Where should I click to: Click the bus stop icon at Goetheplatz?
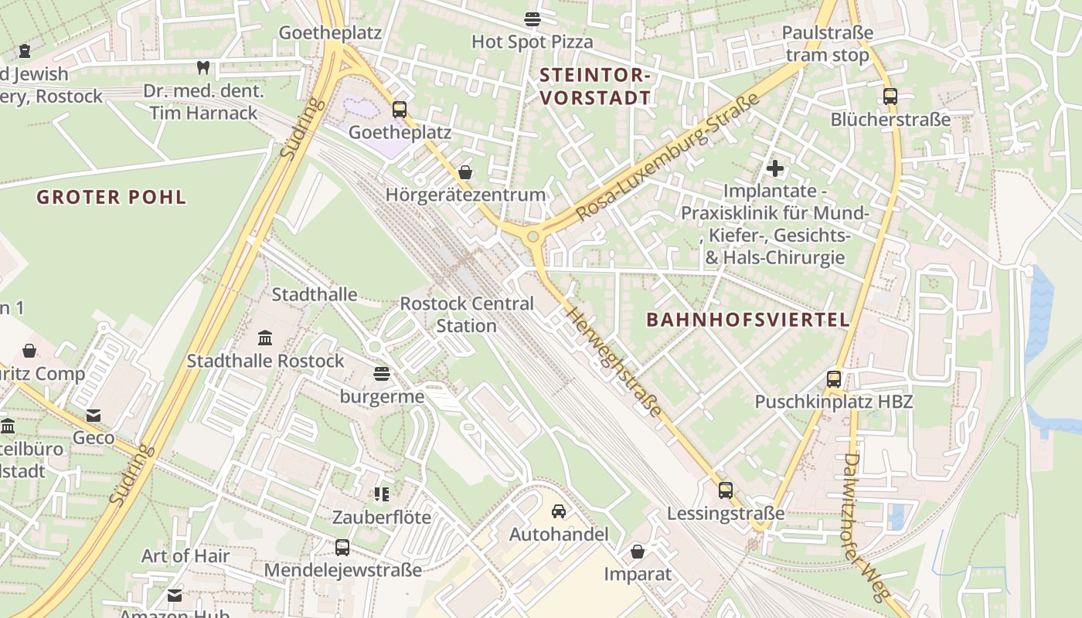point(399,110)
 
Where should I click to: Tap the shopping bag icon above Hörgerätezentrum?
point(464,171)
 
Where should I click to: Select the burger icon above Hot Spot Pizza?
point(532,19)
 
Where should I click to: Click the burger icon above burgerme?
point(381,375)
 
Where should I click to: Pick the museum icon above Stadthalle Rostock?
point(265,338)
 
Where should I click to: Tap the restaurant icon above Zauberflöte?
point(382,494)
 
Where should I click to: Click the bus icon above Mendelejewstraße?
point(342,548)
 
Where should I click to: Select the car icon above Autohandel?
point(558,511)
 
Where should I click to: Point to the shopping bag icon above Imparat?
point(638,552)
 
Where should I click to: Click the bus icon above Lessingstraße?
point(725,490)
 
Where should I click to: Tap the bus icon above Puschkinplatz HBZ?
point(833,379)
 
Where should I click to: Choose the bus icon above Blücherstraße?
point(890,97)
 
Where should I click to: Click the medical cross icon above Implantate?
point(774,168)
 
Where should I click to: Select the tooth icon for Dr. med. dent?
point(203,68)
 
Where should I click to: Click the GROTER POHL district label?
point(111,197)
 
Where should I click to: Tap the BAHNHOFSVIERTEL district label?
point(747,319)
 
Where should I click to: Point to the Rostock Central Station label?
point(466,314)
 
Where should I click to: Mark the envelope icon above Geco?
point(94,416)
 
